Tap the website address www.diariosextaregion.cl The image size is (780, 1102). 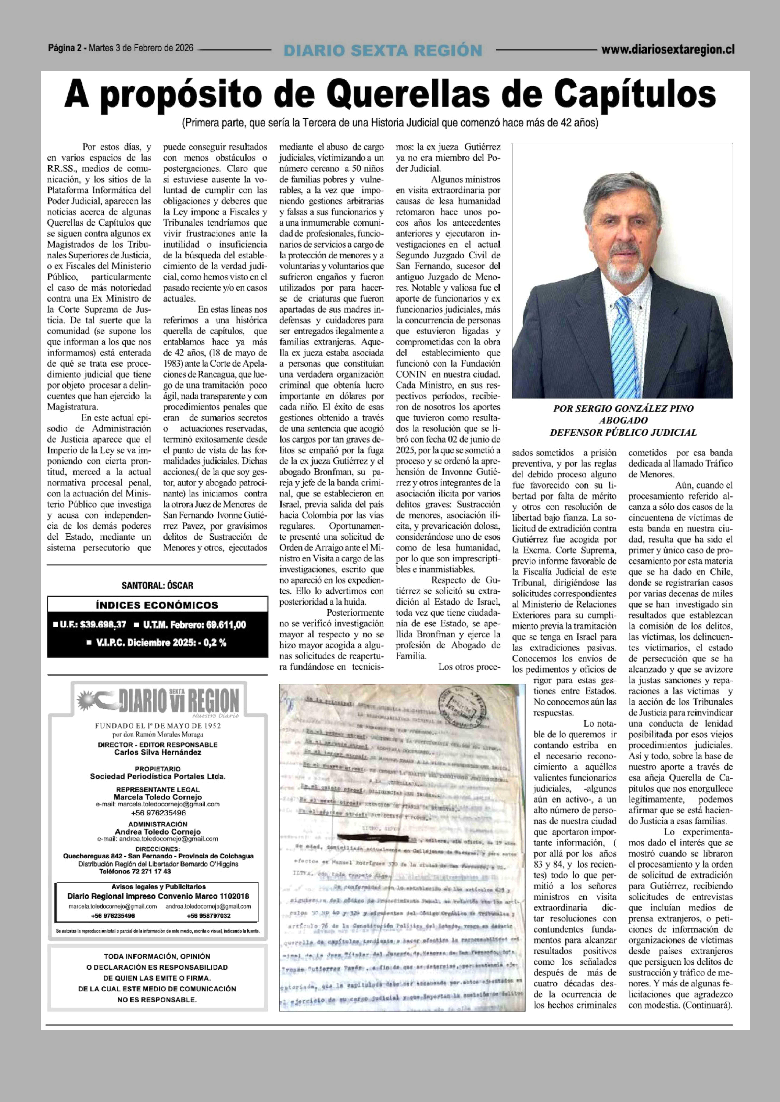pos(668,49)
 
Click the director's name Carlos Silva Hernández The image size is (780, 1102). pos(158,752)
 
